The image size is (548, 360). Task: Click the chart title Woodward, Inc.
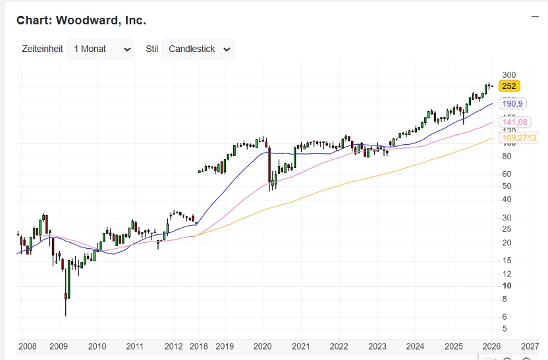[81, 20]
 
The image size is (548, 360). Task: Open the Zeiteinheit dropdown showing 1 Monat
[100, 49]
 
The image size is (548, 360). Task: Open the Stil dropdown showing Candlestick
[198, 49]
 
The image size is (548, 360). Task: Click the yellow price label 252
[509, 86]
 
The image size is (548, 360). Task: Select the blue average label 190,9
[512, 104]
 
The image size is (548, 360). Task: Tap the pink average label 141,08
[514, 122]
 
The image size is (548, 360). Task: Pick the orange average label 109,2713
[519, 138]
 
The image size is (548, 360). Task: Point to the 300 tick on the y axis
[508, 75]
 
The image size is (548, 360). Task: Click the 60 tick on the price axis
[507, 174]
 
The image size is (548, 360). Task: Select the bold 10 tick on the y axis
[507, 286]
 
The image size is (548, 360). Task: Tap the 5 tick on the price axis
[505, 328]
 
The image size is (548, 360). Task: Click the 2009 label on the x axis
[59, 346]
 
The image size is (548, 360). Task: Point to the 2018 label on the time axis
[198, 346]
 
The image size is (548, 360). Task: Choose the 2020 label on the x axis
[263, 346]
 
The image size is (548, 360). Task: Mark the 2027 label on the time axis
[530, 346]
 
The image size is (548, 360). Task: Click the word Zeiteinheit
[42, 49]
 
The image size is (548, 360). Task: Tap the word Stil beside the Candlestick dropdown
[151, 49]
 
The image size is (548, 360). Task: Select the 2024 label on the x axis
[415, 346]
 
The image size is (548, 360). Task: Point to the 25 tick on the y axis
[507, 228]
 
